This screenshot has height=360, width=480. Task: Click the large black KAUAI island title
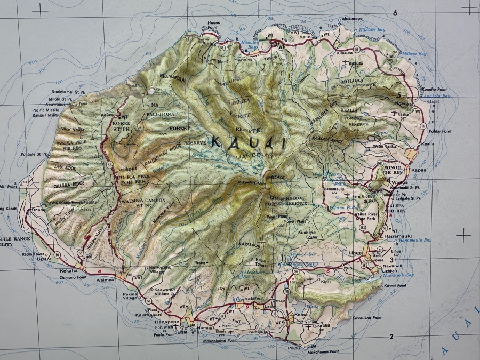coord(248,142)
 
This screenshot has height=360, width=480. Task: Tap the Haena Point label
coord(213,25)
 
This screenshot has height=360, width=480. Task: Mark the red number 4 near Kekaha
coord(99,272)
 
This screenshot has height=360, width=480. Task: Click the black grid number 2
coord(391,337)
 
